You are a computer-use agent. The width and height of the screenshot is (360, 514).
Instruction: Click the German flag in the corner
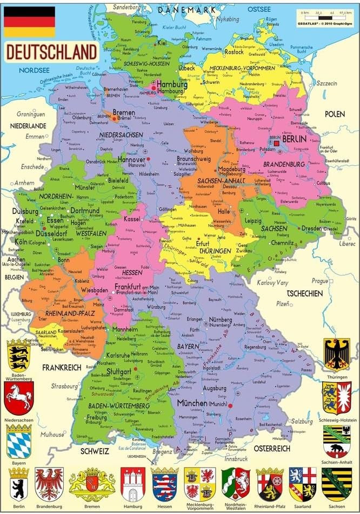pos(30,22)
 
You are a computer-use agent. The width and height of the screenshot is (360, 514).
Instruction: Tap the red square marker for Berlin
pos(277,144)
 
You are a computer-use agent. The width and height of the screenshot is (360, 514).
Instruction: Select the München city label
pos(192,403)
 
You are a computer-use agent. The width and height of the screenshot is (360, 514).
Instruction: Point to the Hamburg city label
pos(172,85)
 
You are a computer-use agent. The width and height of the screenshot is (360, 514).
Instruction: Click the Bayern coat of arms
pos(19,441)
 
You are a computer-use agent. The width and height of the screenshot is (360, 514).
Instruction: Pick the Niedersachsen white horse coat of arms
pos(19,398)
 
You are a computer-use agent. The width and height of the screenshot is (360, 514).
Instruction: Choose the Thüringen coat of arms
pos(337,354)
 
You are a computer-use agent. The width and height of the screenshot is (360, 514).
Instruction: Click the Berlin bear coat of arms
pos(19,484)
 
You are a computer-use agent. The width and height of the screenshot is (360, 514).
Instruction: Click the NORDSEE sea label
pos(34,70)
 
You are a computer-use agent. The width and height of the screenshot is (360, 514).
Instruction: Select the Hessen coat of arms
pos(164,484)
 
